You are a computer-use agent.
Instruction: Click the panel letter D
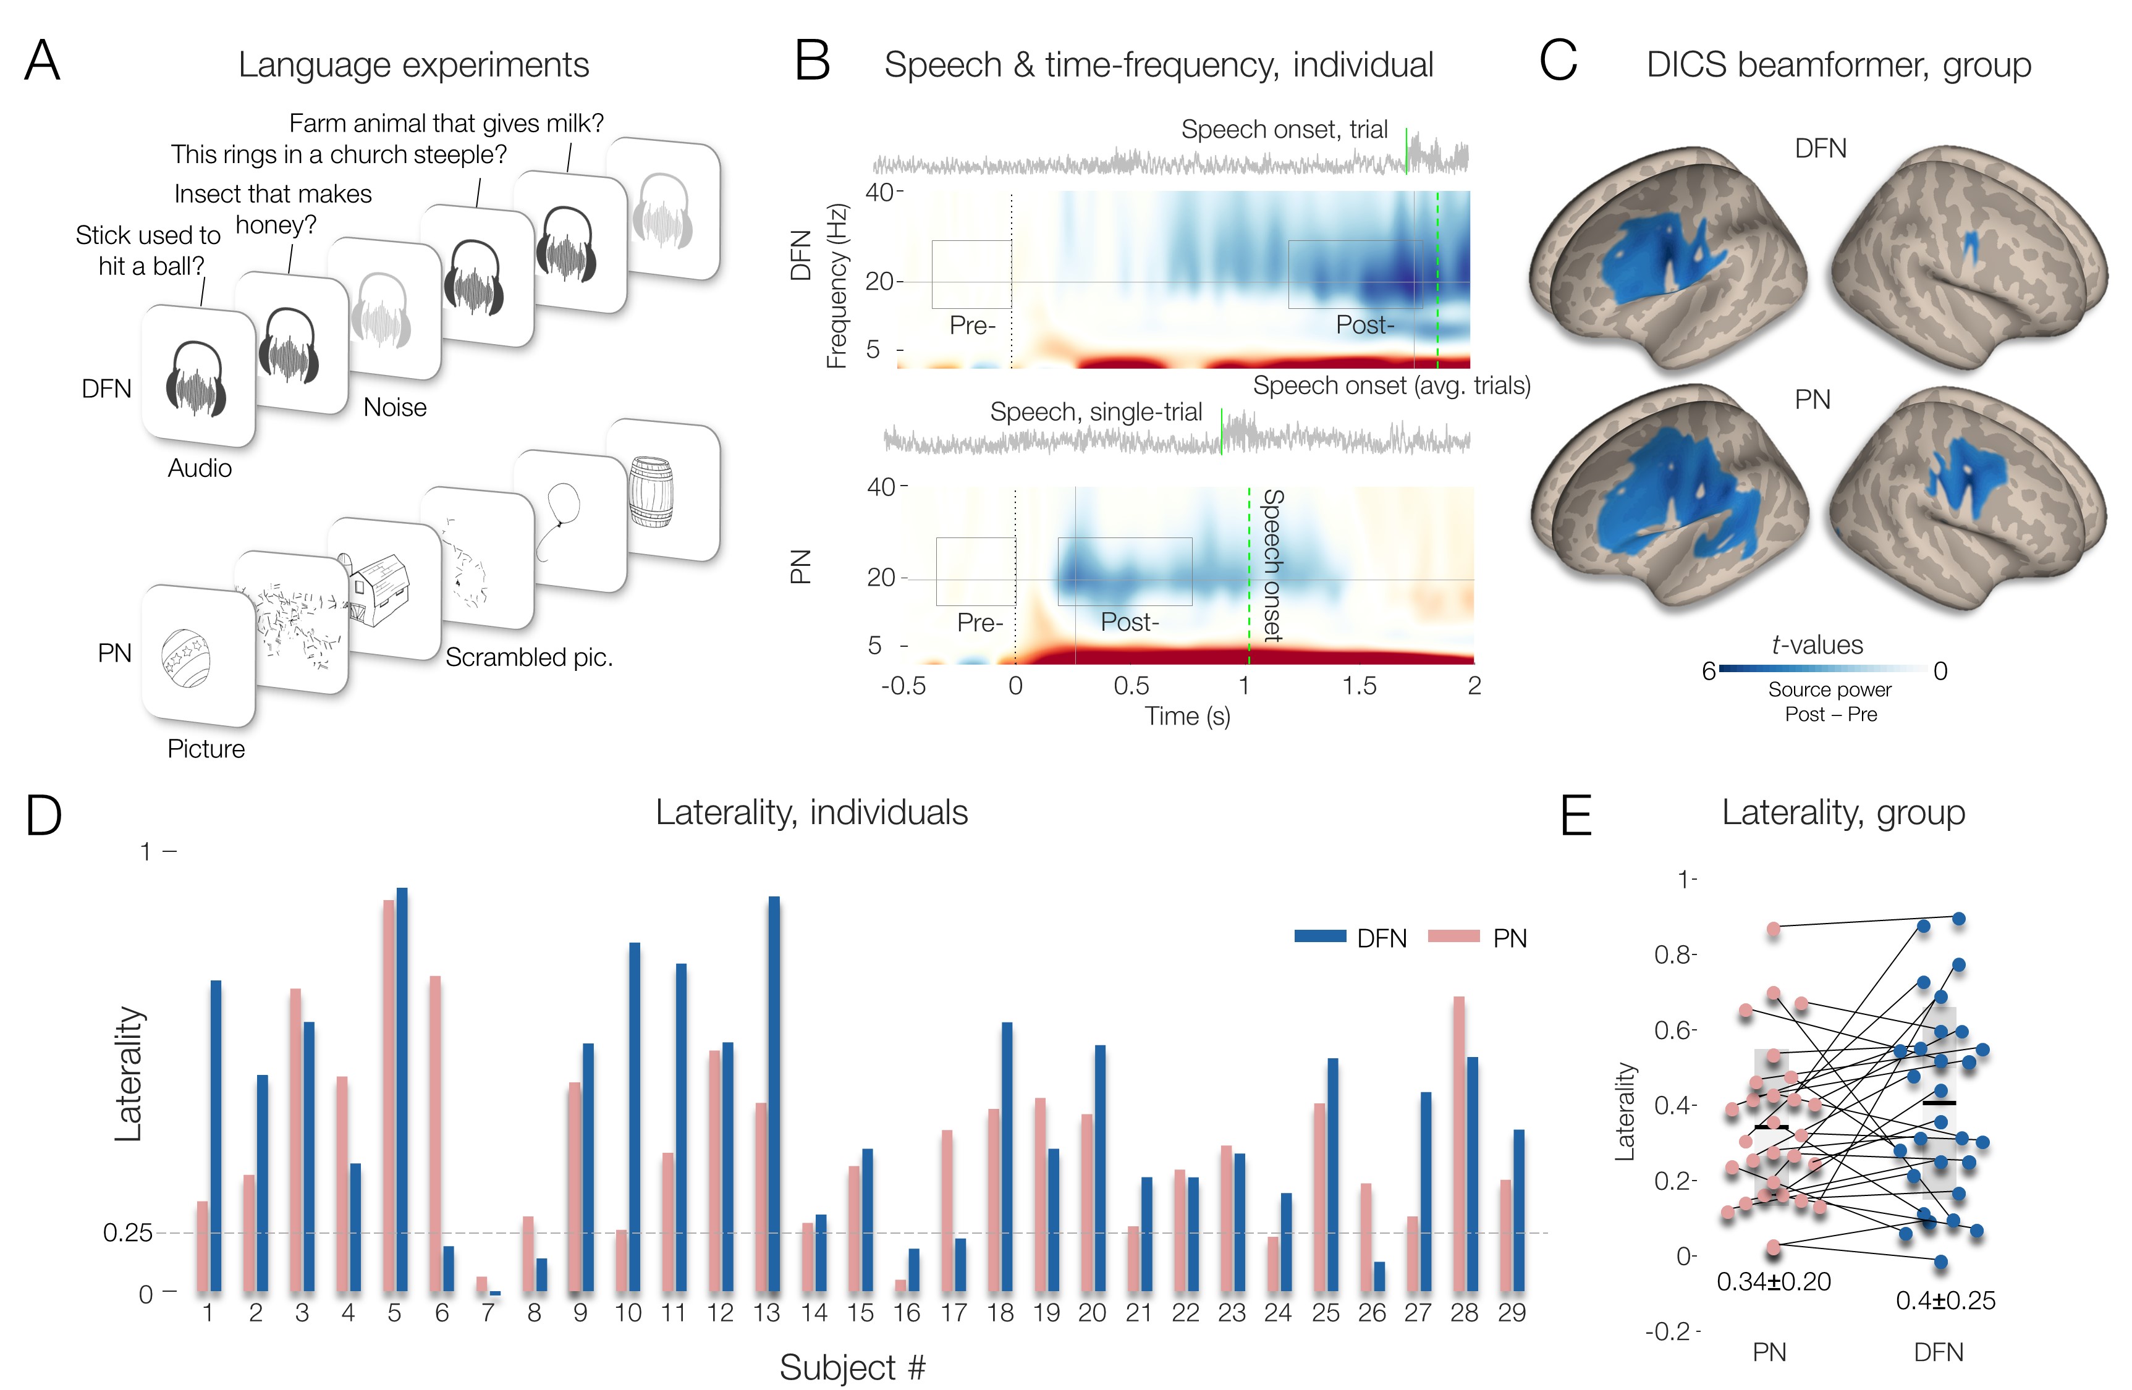click(x=43, y=815)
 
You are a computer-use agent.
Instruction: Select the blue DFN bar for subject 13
click(x=774, y=1093)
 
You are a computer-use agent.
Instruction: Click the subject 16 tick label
click(x=907, y=1313)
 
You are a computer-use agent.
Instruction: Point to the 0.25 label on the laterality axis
click(x=127, y=1232)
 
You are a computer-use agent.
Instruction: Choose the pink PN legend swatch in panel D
click(x=1453, y=937)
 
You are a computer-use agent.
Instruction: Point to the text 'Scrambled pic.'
click(x=528, y=657)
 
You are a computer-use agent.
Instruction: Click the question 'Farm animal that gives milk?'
click(x=446, y=123)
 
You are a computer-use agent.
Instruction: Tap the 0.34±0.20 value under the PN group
click(x=1773, y=1282)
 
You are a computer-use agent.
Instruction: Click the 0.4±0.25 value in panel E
click(x=1945, y=1300)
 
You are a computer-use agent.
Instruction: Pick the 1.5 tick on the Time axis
click(x=1359, y=686)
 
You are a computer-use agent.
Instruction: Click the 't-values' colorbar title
click(x=1817, y=645)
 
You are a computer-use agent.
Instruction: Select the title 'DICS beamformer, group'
click(x=1838, y=64)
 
